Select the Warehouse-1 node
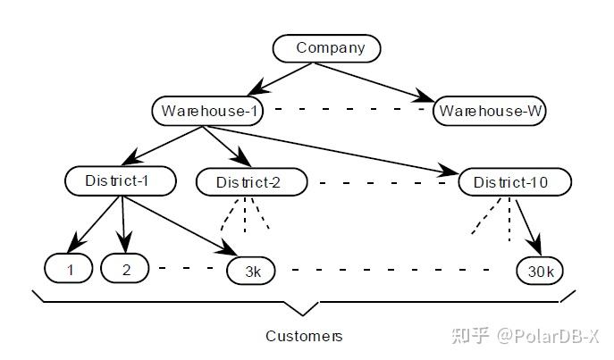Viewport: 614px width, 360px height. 210,111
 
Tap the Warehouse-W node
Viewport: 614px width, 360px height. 490,112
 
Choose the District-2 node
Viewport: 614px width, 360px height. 250,183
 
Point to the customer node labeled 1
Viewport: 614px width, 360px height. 69,267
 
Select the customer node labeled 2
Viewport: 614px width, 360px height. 126,267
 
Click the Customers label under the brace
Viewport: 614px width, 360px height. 304,337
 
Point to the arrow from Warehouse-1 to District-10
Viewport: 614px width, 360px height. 340,149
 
